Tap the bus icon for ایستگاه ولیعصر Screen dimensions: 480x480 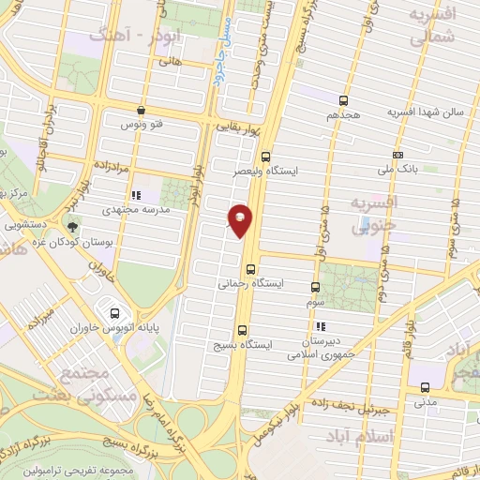point(266,157)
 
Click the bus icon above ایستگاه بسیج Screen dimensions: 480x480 point(243,330)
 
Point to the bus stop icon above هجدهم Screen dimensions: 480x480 point(344,99)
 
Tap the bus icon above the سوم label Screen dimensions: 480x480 point(314,288)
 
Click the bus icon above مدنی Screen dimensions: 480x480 point(425,387)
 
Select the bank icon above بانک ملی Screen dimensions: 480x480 point(398,154)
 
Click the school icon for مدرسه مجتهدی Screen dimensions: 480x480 point(137,196)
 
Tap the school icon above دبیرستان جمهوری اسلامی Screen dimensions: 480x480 point(321,326)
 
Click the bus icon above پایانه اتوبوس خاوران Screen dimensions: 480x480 point(115,313)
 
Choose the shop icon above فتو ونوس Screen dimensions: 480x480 point(141,109)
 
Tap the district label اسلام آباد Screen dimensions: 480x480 point(359,437)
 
